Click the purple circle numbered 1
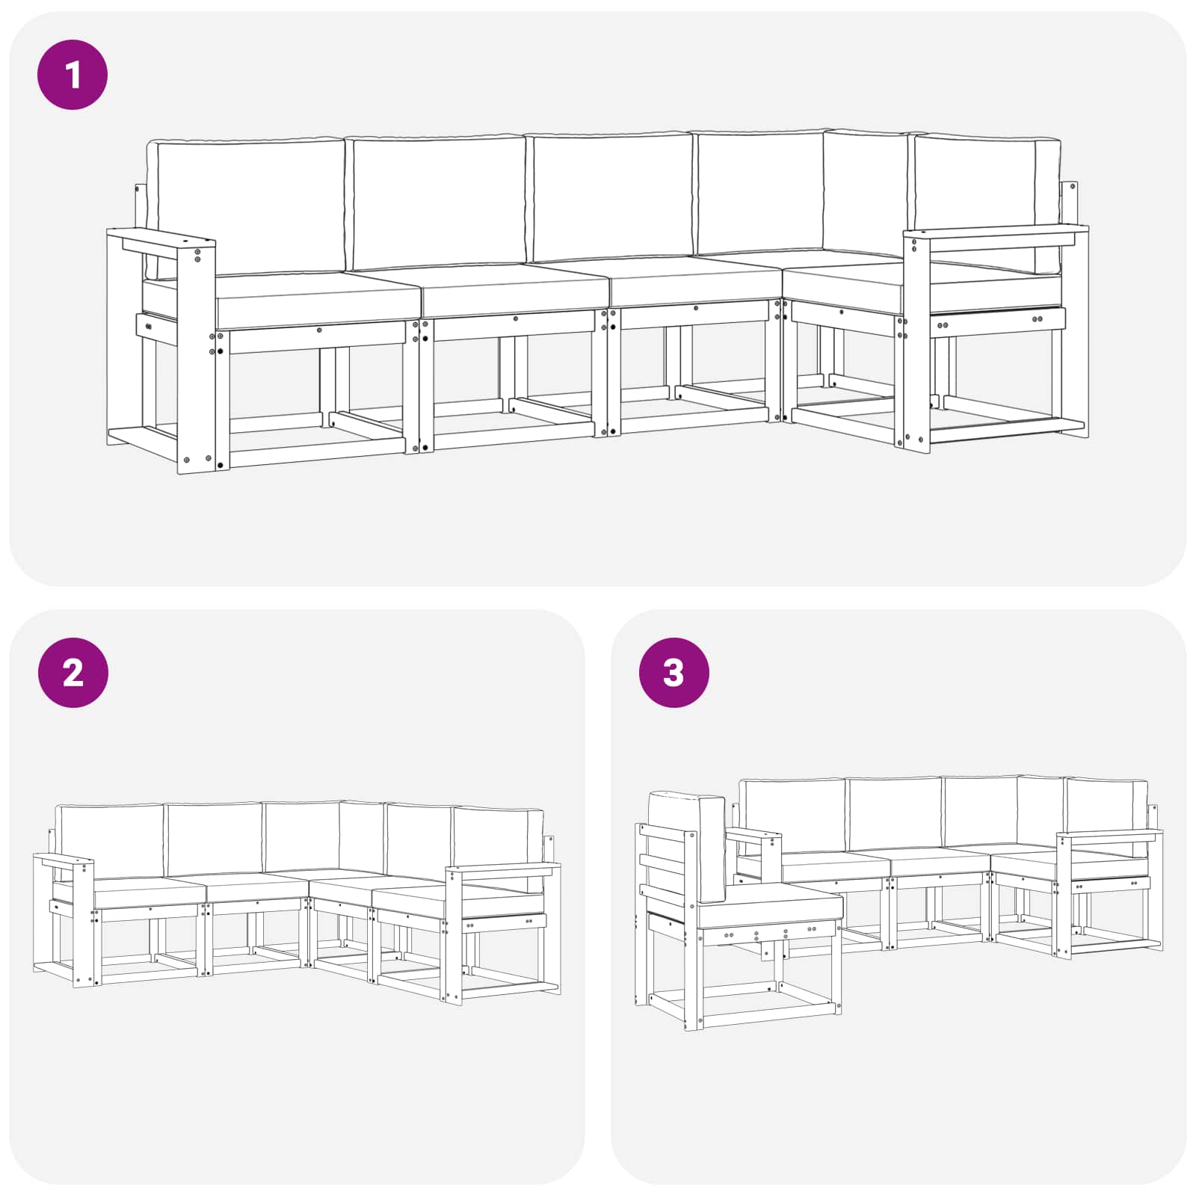pyautogui.click(x=73, y=75)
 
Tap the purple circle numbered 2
pyautogui.click(x=73, y=673)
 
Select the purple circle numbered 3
pyautogui.click(x=673, y=673)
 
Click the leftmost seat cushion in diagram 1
pyautogui.click(x=318, y=299)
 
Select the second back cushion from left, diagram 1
pyautogui.click(x=438, y=202)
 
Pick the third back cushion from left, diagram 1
pyautogui.click(x=611, y=197)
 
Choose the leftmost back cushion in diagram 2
pyautogui.click(x=111, y=841)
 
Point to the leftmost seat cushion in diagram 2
pyautogui.click(x=149, y=894)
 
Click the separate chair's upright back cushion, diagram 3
pyautogui.click(x=688, y=841)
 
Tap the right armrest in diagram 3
pyautogui.click(x=1109, y=835)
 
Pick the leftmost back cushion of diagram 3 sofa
pyautogui.click(x=793, y=816)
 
